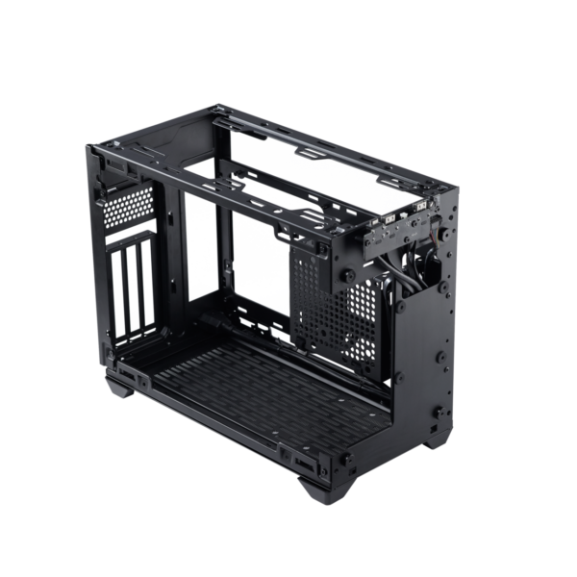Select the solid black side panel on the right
point(428,356)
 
